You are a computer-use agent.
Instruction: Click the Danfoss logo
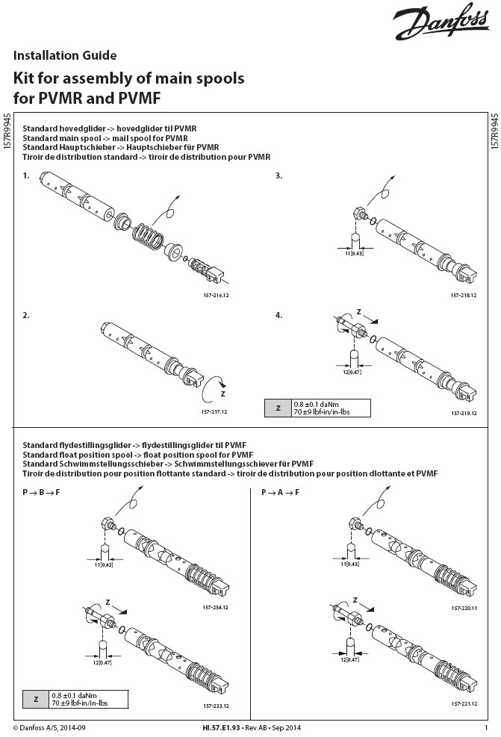point(441,21)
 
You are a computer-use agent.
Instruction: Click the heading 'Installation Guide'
point(65,55)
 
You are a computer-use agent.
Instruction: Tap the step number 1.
point(26,175)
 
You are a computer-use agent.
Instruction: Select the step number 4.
point(278,315)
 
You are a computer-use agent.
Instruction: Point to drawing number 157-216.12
point(217,295)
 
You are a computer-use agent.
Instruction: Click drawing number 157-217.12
point(214,411)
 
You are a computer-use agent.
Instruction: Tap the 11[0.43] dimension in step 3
point(354,253)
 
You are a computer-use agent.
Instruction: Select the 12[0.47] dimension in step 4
point(352,372)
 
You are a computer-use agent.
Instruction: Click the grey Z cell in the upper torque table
point(278,408)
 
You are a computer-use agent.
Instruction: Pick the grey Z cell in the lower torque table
point(36,700)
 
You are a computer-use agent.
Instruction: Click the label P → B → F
point(41,493)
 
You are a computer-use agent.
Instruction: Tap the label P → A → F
point(281,493)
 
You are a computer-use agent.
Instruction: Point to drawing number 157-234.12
point(215,607)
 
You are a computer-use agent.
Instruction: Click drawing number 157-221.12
point(464,703)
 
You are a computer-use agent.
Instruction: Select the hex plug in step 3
point(361,214)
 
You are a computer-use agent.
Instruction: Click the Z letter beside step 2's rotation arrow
point(223,394)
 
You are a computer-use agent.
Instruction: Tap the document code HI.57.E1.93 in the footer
point(221,728)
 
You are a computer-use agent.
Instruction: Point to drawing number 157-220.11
point(464,608)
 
